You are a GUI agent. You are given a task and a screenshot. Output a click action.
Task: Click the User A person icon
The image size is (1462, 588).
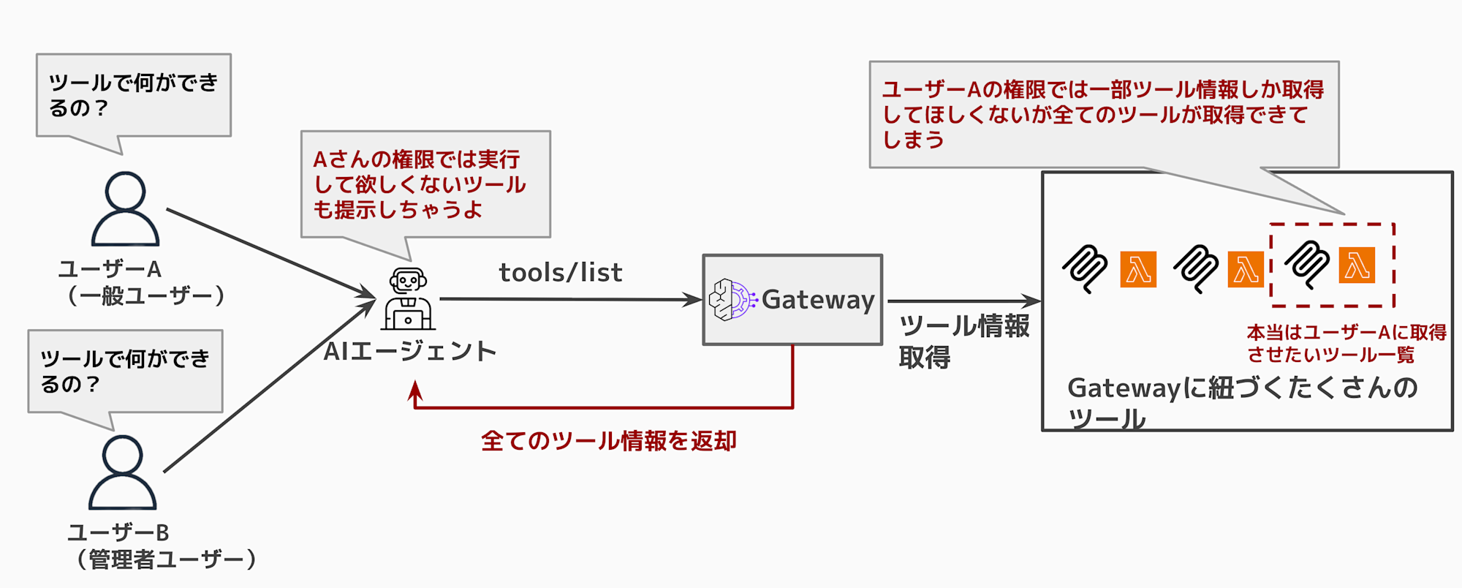tap(125, 209)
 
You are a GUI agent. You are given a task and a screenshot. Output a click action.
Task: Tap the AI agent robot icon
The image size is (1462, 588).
tap(408, 299)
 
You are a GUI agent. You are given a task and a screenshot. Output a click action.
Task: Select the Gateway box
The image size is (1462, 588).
tap(792, 300)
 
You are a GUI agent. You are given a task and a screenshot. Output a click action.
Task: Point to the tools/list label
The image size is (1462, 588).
tap(561, 273)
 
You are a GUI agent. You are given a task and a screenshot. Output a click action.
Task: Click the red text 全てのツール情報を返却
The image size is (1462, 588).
tap(608, 441)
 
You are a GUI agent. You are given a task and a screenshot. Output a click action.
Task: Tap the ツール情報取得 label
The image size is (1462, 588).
tap(963, 341)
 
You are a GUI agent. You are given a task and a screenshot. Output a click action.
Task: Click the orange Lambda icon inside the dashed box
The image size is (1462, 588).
tap(1357, 265)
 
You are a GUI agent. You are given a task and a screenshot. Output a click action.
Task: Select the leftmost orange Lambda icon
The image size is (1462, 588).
tap(1138, 269)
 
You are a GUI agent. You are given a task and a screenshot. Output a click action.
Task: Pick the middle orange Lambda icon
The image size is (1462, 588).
tap(1246, 269)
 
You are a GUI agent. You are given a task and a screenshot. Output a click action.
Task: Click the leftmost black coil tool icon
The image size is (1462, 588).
tap(1085, 268)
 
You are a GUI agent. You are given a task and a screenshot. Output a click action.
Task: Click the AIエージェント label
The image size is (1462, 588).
tap(410, 352)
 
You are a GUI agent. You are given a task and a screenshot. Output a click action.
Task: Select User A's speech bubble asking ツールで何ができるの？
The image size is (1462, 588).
tap(134, 96)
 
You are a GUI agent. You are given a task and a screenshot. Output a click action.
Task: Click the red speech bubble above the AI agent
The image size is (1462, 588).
tap(425, 184)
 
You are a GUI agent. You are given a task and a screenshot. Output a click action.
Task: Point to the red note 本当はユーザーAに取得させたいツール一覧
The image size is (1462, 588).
tap(1346, 344)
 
